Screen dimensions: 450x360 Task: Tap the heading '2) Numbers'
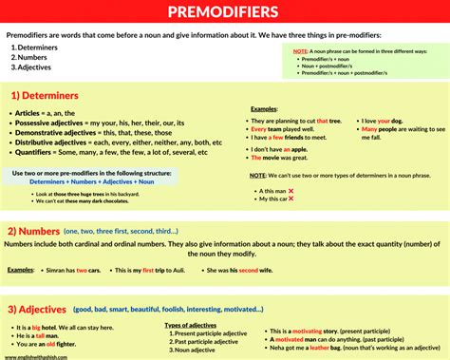click(37, 231)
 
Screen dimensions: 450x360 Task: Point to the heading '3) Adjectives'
click(42, 309)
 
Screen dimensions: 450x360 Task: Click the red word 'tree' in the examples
click(334, 121)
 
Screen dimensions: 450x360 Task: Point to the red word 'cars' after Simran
click(107, 270)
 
